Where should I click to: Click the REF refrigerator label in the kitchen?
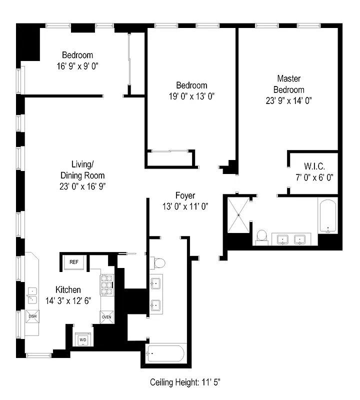[x=74, y=261]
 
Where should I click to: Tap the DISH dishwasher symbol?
[x=32, y=316]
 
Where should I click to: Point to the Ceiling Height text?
[x=189, y=382]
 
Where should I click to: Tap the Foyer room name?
[x=185, y=195]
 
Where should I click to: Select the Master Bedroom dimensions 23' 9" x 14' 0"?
[x=289, y=100]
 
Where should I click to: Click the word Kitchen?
[x=68, y=290]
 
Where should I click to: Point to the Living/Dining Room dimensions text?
[x=82, y=186]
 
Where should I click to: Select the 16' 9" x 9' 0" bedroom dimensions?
[x=77, y=65]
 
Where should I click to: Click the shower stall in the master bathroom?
[x=239, y=214]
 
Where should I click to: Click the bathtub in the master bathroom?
[x=328, y=216]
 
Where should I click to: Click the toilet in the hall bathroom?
[x=159, y=263]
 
